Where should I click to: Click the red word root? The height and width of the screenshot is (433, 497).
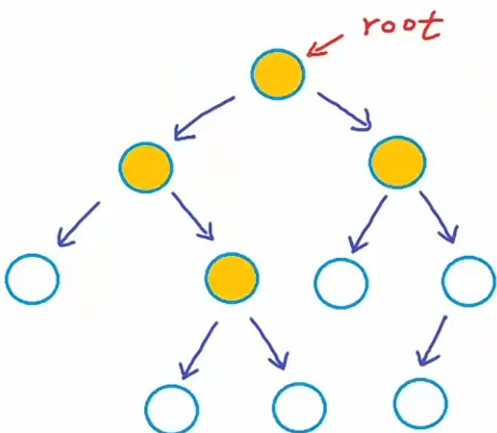[x=402, y=26]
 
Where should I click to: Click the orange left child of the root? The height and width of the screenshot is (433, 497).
[x=145, y=166]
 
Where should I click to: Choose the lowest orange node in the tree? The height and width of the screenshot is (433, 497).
[x=232, y=277]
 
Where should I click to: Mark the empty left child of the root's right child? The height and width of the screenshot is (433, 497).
[x=341, y=284]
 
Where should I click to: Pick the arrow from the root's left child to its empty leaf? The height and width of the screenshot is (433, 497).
[x=78, y=222]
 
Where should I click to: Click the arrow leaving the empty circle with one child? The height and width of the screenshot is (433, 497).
[x=434, y=339]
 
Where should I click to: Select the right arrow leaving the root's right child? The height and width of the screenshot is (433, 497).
[x=438, y=217]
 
